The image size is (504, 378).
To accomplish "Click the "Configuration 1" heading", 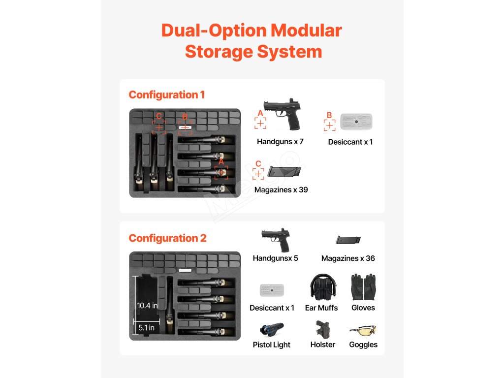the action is [166, 94].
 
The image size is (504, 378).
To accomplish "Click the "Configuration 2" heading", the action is [167, 238].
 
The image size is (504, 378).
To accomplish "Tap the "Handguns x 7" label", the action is [280, 142].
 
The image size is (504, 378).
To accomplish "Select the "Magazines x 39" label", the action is [281, 189].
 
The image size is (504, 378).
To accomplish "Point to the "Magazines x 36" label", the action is [348, 258].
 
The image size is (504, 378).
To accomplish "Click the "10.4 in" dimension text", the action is [147, 306].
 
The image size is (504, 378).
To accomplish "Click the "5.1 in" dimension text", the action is [146, 327].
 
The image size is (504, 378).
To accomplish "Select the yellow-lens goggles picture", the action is [363, 329].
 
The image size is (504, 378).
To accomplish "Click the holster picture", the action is [322, 329].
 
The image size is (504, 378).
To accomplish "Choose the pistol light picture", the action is [271, 329].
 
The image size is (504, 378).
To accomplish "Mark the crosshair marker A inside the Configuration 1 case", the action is [221, 172].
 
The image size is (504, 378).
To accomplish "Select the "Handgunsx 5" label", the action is [275, 258].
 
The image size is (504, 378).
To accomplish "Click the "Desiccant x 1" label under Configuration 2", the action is [272, 308].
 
